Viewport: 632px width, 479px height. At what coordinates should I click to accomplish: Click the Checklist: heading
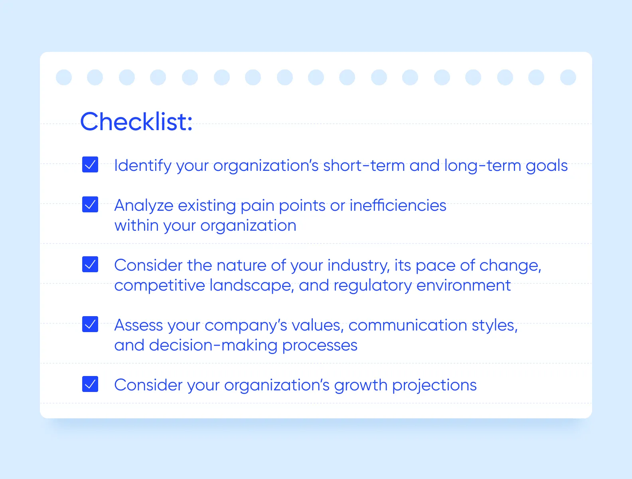pos(136,122)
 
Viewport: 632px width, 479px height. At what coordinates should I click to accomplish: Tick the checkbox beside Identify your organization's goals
pos(90,164)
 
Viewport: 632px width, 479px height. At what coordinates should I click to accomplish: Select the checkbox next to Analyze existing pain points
pos(90,204)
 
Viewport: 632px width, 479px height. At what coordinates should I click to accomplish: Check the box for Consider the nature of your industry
pos(90,264)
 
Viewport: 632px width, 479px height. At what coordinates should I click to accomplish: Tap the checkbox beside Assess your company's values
pos(90,324)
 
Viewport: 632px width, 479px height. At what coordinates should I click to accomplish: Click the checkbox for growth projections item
pos(90,384)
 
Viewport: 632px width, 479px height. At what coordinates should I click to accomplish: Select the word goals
pos(546,166)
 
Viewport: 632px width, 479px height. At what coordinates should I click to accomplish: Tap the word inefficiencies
pos(398,206)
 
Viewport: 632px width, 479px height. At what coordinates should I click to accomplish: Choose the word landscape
pos(251,285)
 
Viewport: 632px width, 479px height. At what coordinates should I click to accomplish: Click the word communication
pos(408,325)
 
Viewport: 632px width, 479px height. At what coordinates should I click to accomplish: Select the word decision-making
pos(213,345)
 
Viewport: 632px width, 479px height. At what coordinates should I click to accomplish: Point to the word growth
pos(361,385)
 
